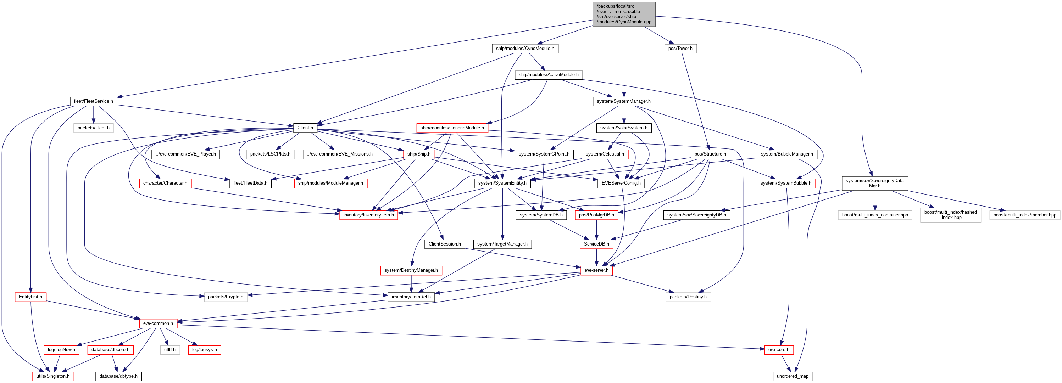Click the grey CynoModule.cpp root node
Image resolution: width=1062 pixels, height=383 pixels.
(x=624, y=14)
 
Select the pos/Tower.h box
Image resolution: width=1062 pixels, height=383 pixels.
(x=680, y=49)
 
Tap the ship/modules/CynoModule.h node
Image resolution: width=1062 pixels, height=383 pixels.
(x=525, y=49)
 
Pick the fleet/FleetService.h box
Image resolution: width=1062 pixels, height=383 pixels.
(x=93, y=101)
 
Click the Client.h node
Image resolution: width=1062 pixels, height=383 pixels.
(x=305, y=128)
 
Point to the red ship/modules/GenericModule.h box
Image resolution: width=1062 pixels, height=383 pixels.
(x=452, y=128)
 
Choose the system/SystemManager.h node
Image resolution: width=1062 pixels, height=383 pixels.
(x=623, y=101)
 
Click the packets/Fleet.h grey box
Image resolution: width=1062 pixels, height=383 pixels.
(x=93, y=128)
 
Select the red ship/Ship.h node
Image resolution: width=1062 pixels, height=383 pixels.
(x=418, y=154)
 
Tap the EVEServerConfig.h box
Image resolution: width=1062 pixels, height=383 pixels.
(x=621, y=183)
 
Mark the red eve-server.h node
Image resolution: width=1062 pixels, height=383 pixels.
(x=596, y=270)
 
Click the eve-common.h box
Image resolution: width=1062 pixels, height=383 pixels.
(x=158, y=323)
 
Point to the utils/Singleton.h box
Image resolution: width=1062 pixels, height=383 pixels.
(x=53, y=376)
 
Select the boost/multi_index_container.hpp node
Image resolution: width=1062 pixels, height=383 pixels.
(x=874, y=215)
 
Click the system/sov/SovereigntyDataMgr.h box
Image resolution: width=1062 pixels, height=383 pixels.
(x=874, y=183)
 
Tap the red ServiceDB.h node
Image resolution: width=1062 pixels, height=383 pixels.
(x=596, y=244)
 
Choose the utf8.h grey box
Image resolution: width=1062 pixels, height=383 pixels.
(x=169, y=350)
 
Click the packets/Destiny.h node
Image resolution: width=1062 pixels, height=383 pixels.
(x=688, y=297)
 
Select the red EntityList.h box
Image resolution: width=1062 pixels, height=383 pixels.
(x=30, y=297)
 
